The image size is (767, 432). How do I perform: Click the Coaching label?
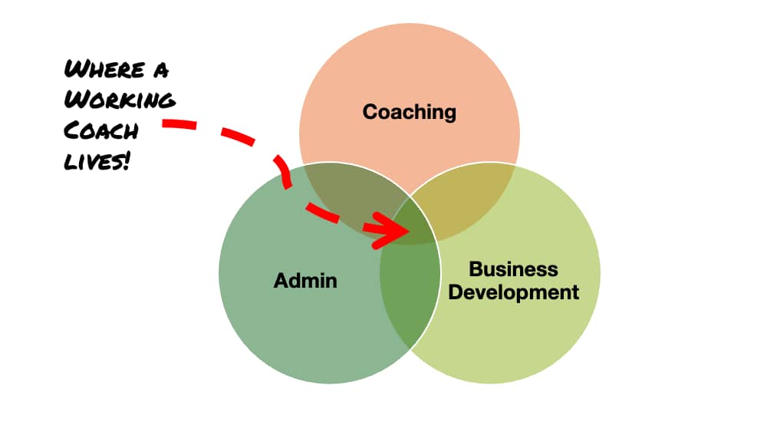(x=409, y=112)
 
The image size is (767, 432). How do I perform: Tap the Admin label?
(x=305, y=280)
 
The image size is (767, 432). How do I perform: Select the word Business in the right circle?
(x=513, y=269)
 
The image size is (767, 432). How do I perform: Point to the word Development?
(x=513, y=292)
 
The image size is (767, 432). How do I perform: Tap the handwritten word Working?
(x=120, y=101)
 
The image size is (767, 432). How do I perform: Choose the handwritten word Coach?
(x=102, y=131)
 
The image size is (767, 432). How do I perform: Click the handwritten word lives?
(x=97, y=160)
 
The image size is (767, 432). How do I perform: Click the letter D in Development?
(x=456, y=292)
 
